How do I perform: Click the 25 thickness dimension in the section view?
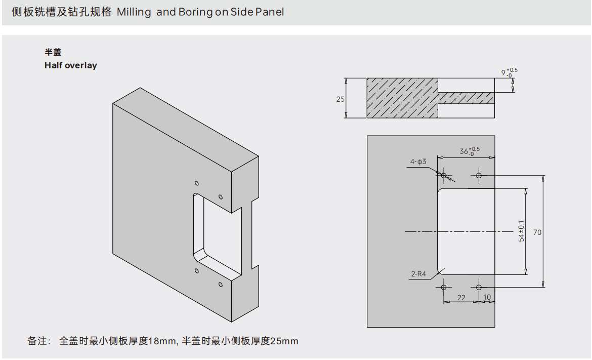click(340, 99)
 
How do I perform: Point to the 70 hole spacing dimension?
click(537, 232)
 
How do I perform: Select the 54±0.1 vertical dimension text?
click(521, 231)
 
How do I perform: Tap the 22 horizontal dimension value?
click(461, 298)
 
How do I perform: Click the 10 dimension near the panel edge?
click(487, 298)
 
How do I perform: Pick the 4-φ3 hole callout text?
click(418, 162)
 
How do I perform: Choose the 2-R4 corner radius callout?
click(418, 274)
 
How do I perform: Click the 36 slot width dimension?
click(464, 151)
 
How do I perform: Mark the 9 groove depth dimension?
click(503, 73)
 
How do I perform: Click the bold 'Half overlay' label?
click(70, 65)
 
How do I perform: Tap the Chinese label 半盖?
click(53, 52)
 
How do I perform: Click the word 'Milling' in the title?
click(134, 12)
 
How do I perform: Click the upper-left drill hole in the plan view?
click(444, 176)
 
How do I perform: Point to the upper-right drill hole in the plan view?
click(479, 176)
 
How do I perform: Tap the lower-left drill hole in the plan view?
click(444, 287)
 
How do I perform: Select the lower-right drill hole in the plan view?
click(479, 287)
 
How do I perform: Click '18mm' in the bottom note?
click(161, 341)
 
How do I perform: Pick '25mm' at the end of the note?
click(284, 341)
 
